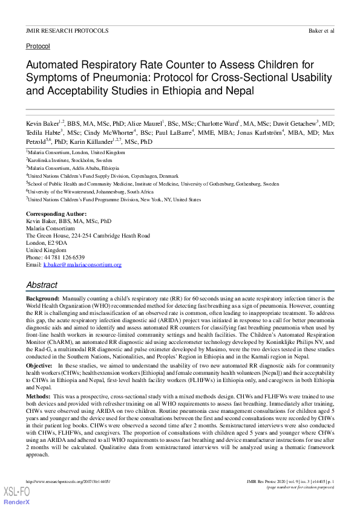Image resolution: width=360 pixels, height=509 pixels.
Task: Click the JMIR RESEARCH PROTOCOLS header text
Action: click(x=67, y=30)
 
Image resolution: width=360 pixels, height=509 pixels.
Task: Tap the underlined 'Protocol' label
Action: click(x=38, y=46)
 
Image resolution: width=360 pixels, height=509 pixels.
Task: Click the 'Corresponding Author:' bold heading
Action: click(x=56, y=215)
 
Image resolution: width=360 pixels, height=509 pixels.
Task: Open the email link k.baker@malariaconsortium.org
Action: click(x=82, y=265)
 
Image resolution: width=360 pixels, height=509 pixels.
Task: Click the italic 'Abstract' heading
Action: click(x=42, y=285)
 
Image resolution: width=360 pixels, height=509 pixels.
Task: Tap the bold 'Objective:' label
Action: click(x=39, y=366)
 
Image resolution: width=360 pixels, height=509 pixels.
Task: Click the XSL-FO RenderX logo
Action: click(x=16, y=494)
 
